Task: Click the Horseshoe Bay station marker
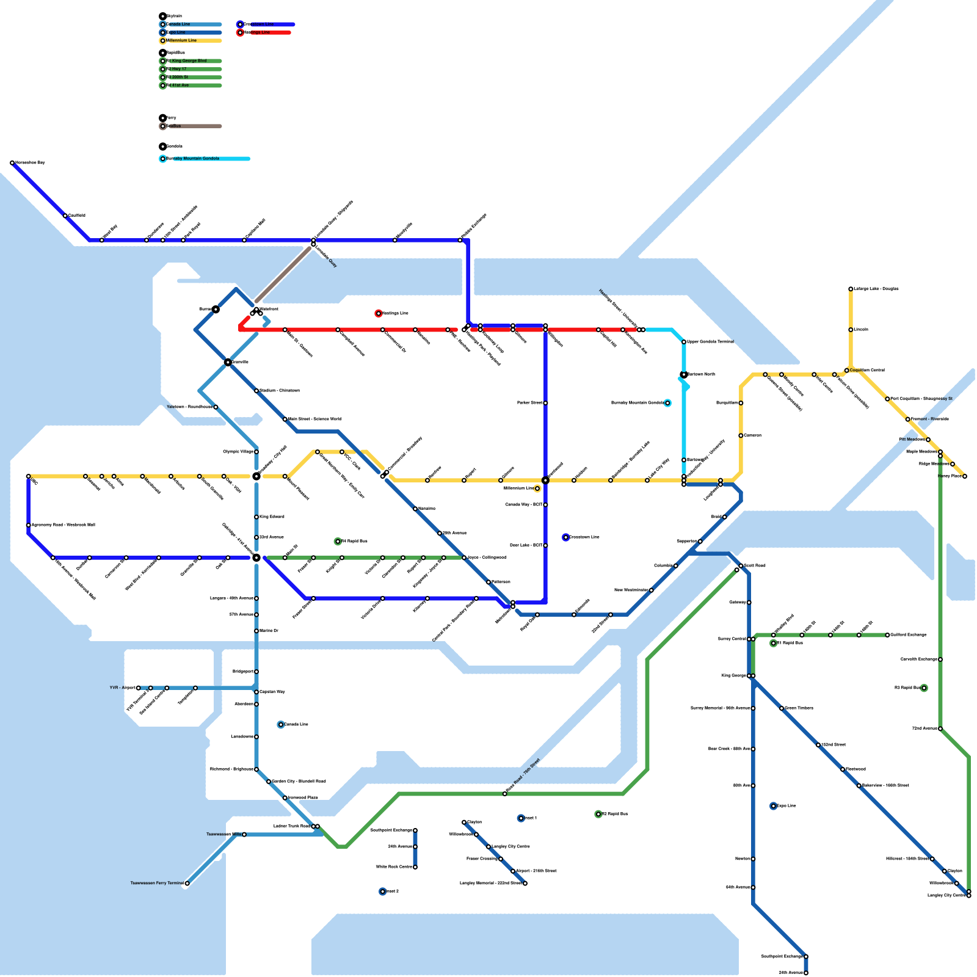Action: coord(12,163)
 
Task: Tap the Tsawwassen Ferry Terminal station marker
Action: coord(187,884)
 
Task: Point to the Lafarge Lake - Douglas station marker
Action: coord(851,289)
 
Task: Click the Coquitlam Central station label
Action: coord(867,370)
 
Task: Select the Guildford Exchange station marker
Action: coord(887,635)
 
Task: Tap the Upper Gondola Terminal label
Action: coord(710,342)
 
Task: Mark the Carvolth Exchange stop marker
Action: coord(940,659)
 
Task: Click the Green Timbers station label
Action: coord(799,708)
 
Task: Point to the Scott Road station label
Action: coord(755,566)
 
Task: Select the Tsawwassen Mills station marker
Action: coord(244,834)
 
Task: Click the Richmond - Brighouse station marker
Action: coord(256,769)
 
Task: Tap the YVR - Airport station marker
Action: coord(139,688)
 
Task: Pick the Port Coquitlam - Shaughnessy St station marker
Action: coord(887,399)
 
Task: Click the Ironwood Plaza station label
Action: coord(303,798)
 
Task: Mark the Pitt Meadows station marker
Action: coord(928,440)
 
